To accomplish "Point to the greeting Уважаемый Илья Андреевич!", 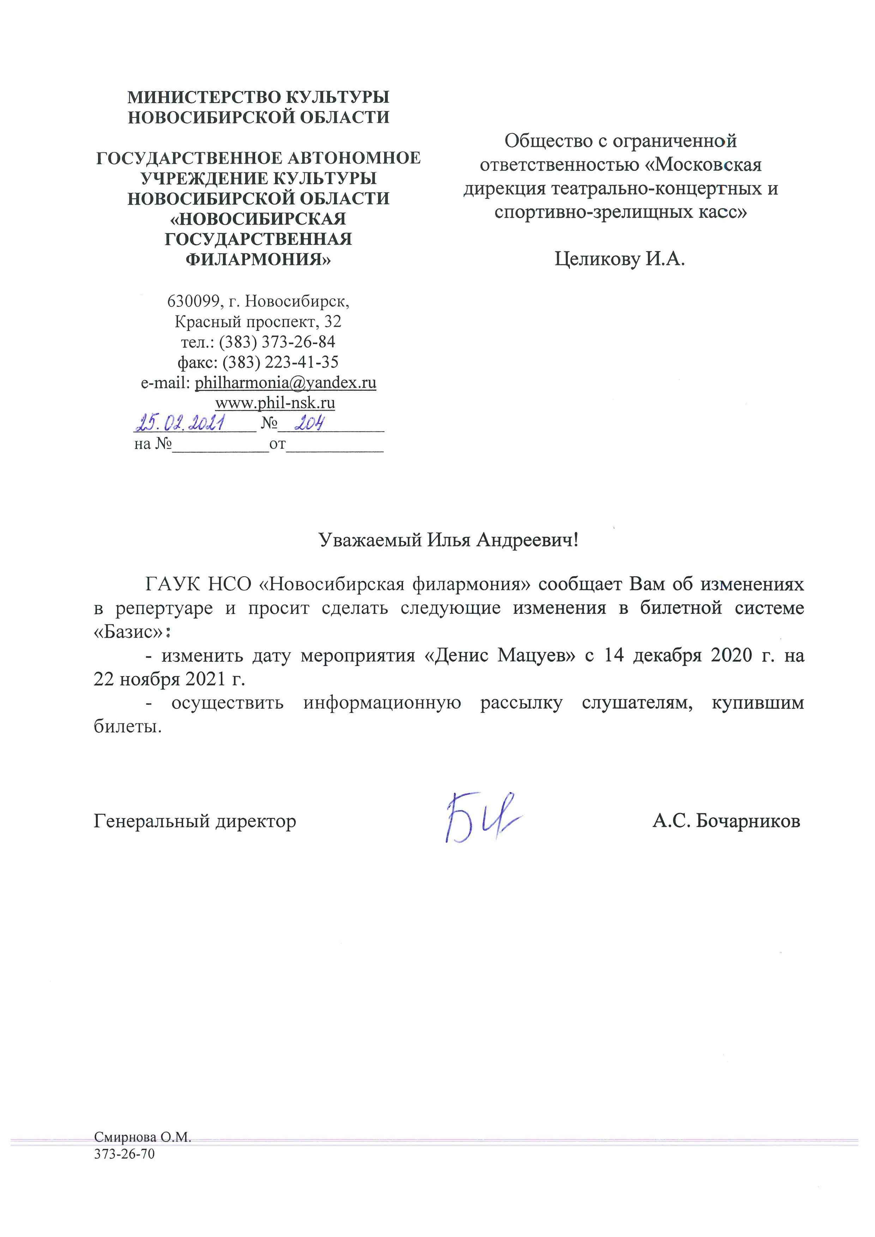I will [x=448, y=540].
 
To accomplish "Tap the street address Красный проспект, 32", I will [x=258, y=322].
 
